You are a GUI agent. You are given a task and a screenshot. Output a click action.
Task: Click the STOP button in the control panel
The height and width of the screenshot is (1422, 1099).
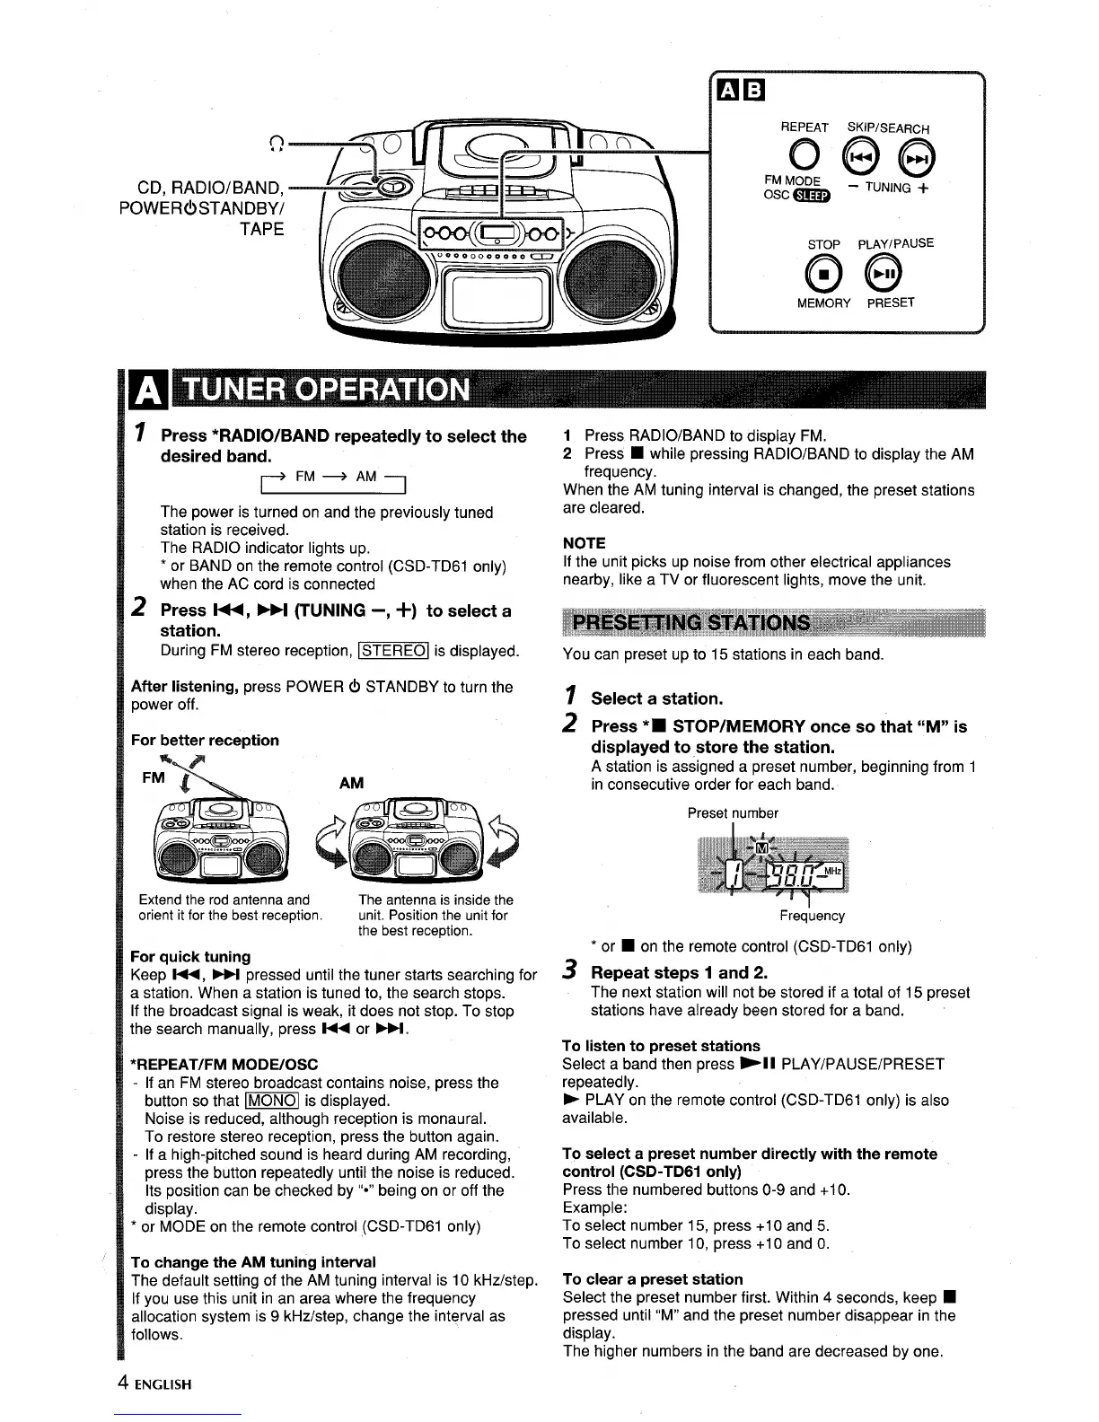(x=824, y=272)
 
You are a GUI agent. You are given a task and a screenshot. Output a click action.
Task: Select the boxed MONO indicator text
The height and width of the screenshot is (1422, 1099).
(x=273, y=1101)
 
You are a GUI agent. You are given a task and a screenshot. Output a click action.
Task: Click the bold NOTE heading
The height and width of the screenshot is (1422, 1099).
(x=584, y=543)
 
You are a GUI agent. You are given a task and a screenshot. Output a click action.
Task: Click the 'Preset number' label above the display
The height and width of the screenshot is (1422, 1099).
(x=733, y=813)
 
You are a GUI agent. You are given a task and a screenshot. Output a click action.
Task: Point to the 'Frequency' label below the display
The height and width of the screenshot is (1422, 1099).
(x=812, y=916)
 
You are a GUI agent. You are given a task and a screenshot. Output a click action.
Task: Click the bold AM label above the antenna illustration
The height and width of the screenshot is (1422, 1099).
(x=351, y=783)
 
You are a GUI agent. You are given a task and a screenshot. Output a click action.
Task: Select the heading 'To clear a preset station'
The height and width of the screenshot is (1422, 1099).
(x=653, y=1279)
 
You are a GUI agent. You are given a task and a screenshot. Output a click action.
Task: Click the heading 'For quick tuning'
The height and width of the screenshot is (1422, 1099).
(x=190, y=957)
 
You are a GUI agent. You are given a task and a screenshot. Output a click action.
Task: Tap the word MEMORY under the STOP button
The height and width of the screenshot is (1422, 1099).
(x=823, y=303)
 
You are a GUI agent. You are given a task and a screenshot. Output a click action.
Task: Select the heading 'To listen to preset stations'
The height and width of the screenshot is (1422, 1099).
(x=661, y=1046)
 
